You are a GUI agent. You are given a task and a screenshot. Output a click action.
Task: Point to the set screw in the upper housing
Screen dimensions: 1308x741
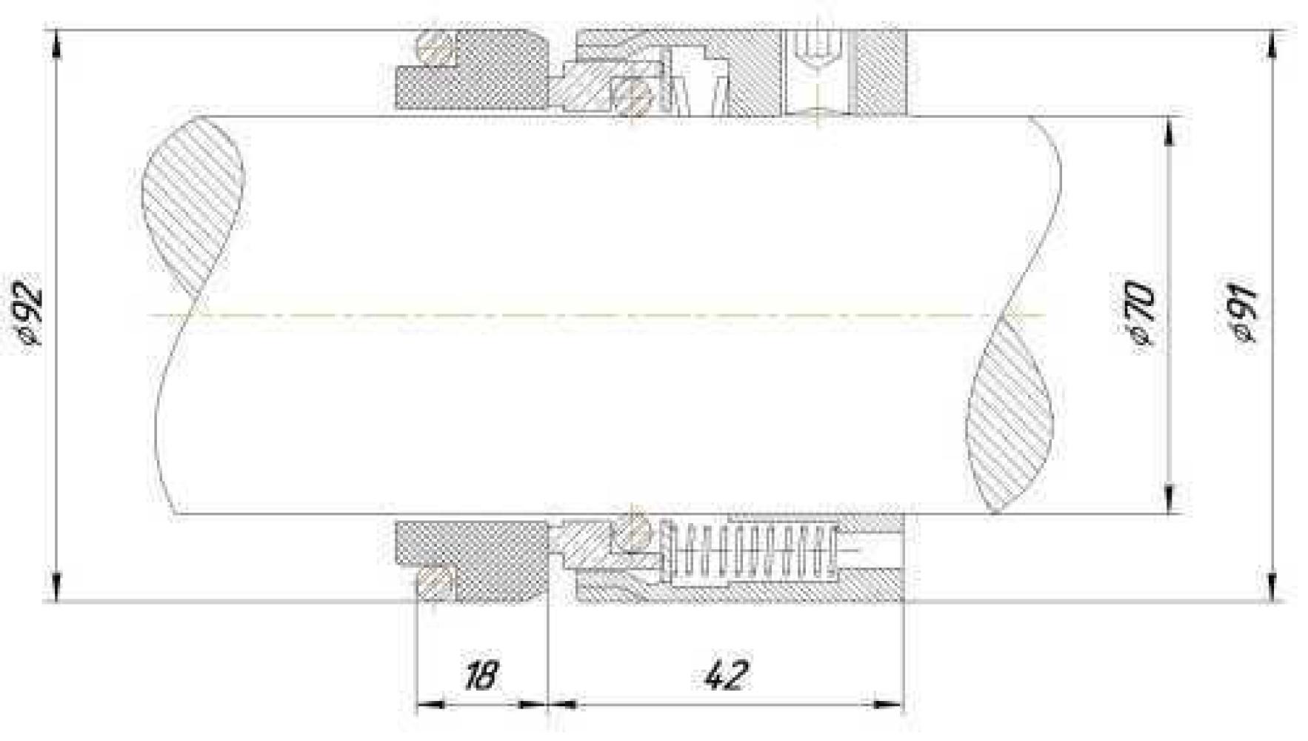coord(815,49)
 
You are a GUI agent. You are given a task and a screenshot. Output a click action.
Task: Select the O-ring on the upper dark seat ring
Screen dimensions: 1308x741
coord(436,49)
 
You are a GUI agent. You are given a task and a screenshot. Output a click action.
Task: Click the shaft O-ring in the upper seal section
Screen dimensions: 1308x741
coord(631,96)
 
